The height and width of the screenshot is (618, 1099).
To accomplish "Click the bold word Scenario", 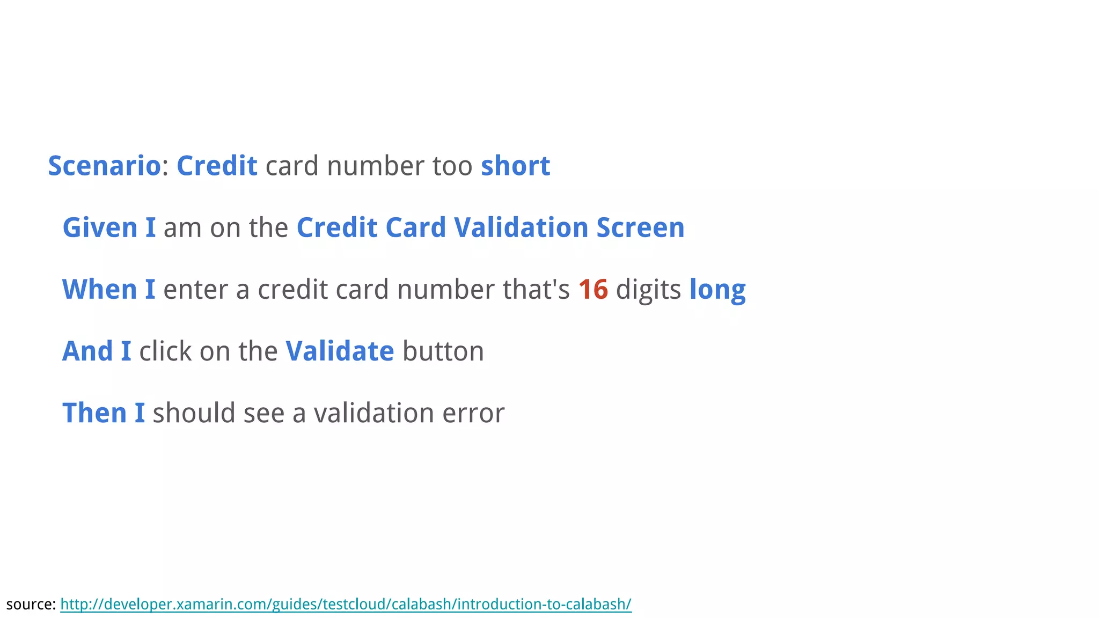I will (104, 166).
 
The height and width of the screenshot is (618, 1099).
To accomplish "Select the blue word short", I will (515, 166).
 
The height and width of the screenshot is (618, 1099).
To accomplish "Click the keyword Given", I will (100, 227).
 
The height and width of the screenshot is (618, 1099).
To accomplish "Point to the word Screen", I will (640, 227).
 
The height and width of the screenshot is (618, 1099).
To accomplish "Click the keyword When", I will (100, 290).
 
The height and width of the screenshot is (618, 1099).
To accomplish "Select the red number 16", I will (593, 290).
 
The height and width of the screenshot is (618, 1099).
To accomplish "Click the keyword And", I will (87, 351).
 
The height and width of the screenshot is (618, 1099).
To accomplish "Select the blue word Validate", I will (340, 351).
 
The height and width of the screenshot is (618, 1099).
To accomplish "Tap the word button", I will (443, 351).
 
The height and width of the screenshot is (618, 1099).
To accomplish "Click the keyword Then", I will (94, 413).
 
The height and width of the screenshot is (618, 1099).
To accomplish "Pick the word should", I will (194, 413).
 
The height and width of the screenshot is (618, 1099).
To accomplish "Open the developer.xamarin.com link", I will (346, 604).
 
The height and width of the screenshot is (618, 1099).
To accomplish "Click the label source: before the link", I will (31, 604).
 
